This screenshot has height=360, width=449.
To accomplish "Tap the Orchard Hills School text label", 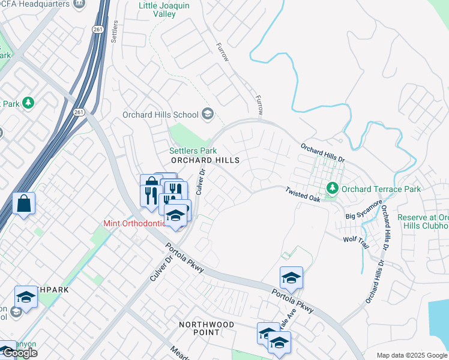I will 160,115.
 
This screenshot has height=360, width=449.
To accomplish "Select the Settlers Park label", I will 193,151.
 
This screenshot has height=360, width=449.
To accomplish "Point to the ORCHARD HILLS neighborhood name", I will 205,161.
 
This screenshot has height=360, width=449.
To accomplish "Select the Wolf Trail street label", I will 357,239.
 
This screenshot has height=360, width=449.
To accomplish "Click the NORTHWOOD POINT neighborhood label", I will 206,329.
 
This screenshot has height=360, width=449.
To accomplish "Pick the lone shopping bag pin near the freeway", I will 24,203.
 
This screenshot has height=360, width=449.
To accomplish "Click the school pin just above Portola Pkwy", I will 291,277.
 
